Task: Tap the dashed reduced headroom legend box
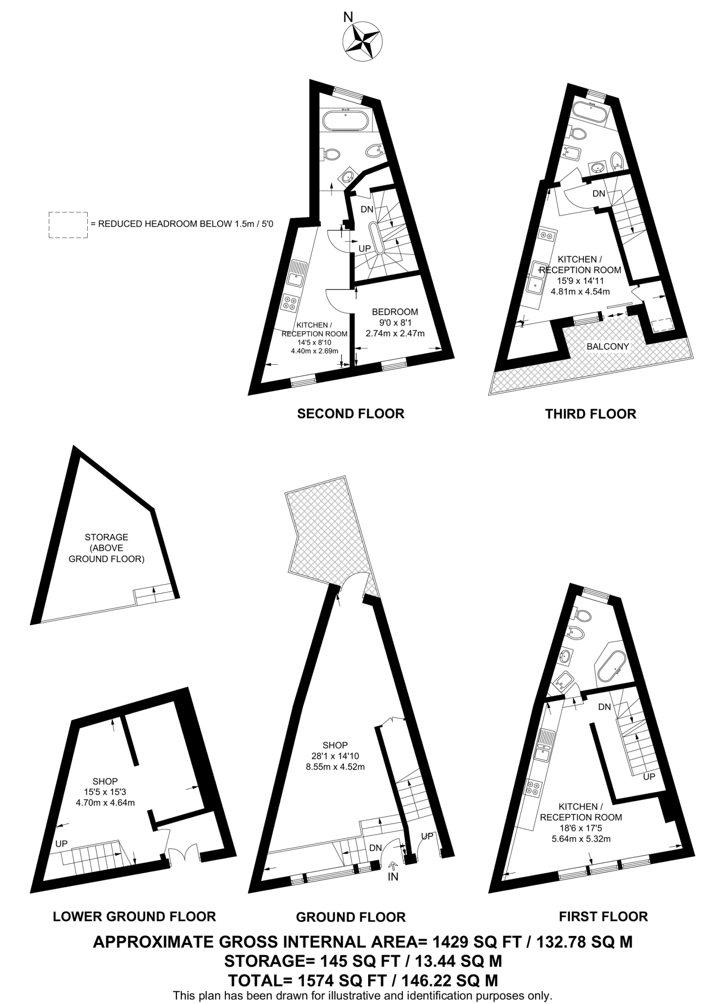(x=68, y=225)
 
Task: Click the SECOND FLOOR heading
(x=350, y=414)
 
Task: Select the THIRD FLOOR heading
(x=590, y=414)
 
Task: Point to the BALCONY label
(x=607, y=347)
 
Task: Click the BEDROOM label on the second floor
(x=395, y=312)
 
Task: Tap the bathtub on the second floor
(x=346, y=120)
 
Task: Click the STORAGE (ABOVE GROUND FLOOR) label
(x=106, y=548)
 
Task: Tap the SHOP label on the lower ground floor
(x=105, y=781)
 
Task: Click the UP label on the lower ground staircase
(x=61, y=844)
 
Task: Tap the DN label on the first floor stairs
(x=604, y=707)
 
